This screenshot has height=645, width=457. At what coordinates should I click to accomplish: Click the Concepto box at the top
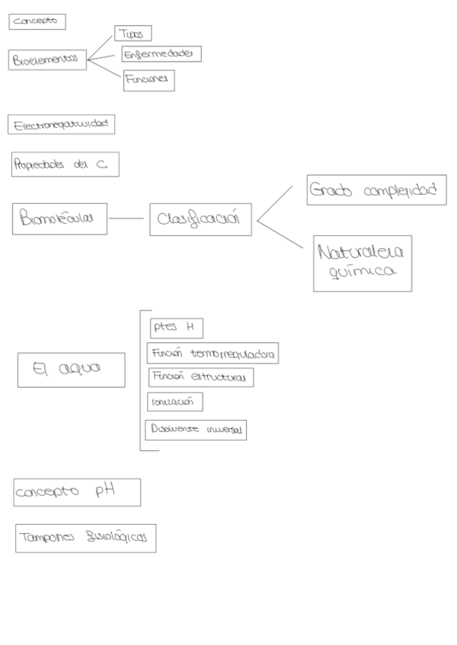[37, 22]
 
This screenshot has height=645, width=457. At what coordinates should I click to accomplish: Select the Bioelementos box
[48, 60]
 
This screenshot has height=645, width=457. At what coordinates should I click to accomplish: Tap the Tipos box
[133, 33]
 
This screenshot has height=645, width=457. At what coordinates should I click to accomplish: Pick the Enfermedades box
[161, 54]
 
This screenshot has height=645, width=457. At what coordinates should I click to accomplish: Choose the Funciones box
[149, 80]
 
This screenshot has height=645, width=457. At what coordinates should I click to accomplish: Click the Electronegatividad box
[61, 124]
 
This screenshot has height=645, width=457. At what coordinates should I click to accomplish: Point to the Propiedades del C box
[65, 165]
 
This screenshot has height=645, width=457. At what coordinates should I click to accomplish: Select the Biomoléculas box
[59, 218]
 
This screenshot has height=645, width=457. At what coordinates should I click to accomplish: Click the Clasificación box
[200, 219]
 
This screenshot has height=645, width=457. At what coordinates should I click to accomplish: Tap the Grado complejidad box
[376, 191]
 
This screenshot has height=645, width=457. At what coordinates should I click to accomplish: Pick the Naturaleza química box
[362, 263]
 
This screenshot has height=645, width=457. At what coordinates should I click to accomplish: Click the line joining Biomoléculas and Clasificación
[128, 219]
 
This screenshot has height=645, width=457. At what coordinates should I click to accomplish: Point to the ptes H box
[176, 328]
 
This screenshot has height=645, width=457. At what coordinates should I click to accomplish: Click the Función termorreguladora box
[213, 354]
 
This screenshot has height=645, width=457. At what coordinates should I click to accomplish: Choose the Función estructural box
[200, 377]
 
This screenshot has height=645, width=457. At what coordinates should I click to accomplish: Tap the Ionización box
[174, 402]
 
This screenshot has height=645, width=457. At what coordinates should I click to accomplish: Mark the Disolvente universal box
[196, 430]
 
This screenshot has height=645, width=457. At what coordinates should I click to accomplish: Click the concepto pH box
[77, 492]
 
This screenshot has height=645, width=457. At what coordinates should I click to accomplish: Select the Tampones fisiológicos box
[85, 539]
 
